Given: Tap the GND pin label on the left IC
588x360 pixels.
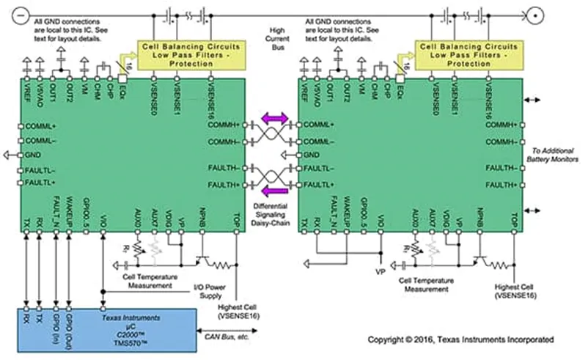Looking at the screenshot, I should (x=34, y=155).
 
